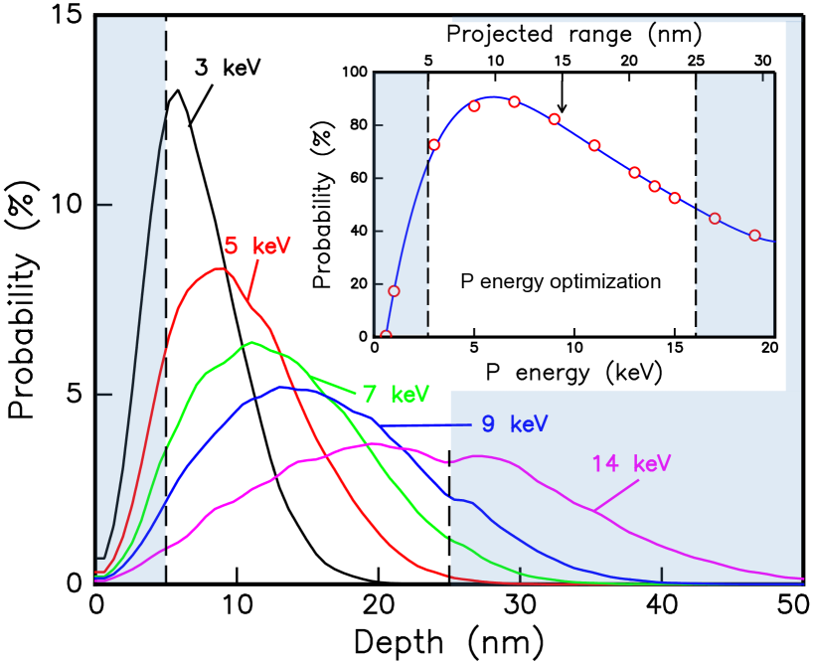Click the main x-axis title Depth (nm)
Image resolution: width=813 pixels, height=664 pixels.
coord(448,643)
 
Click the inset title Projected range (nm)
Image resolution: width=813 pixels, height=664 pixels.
coord(560,34)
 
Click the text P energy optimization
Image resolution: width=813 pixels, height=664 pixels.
coord(561,281)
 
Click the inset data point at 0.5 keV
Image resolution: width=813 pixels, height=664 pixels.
coord(386,335)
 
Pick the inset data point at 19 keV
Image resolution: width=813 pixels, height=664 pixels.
coord(754,236)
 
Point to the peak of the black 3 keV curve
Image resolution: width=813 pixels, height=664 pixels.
coord(178,90)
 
